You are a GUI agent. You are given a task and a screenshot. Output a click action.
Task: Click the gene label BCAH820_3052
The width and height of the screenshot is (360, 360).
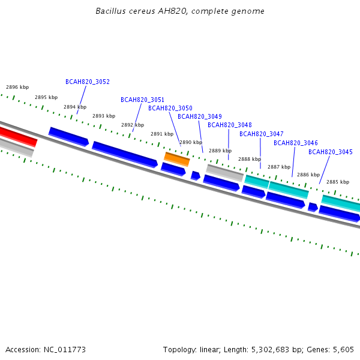[88, 82]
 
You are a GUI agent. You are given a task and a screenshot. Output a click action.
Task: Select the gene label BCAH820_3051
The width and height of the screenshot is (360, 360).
[142, 100]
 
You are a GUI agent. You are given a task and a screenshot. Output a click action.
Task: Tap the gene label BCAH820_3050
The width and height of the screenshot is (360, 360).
[170, 108]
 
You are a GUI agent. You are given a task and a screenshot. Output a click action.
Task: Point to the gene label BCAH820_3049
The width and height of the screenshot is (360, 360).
[200, 116]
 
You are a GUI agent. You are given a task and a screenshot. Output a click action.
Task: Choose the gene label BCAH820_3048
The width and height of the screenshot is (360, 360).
[230, 125]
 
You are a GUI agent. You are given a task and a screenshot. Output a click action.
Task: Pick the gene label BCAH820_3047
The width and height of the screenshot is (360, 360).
[261, 134]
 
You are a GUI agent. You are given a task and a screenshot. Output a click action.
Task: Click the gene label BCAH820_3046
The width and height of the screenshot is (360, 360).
[295, 143]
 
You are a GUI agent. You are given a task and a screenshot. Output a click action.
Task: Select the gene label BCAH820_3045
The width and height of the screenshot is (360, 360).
[331, 152]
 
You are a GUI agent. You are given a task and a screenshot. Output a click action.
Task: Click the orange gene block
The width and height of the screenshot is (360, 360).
[177, 159]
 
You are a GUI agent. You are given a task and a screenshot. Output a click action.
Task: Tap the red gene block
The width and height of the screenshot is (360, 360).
[18, 137]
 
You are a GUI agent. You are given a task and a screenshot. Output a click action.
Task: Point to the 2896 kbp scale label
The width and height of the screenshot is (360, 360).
[17, 87]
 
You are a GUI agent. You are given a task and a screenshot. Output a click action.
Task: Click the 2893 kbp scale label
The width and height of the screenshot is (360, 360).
[104, 116]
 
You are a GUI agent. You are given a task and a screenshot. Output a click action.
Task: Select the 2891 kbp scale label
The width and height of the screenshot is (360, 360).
[162, 134]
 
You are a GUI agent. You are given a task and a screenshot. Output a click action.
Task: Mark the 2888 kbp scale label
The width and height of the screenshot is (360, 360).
[250, 159]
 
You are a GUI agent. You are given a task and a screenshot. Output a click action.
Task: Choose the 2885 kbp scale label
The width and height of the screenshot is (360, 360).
[338, 182]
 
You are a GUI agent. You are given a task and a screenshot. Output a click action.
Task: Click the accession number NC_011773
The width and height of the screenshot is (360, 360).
[65, 350]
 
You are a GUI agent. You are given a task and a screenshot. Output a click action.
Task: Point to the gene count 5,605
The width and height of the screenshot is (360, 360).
[343, 350]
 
